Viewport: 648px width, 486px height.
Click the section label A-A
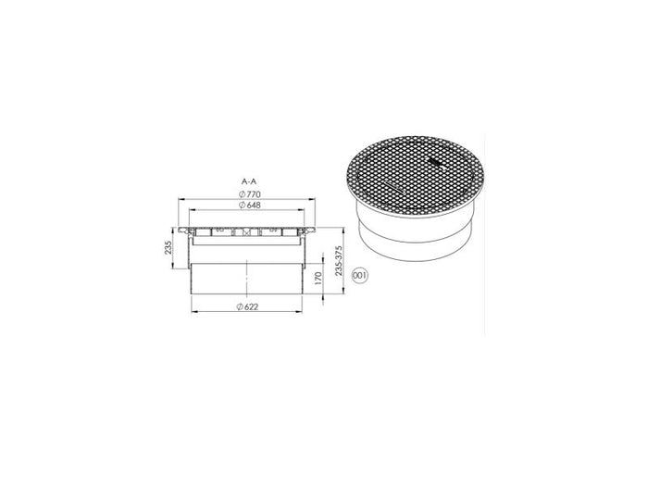[249, 181]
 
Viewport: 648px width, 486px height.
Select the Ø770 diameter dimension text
[250, 194]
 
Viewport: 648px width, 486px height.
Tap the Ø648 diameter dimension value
[250, 205]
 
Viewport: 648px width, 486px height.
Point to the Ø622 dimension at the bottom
[247, 306]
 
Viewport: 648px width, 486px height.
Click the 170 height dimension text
[318, 278]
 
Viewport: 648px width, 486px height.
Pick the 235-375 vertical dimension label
[340, 261]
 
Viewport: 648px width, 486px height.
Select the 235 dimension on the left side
[168, 247]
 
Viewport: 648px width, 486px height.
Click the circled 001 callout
[359, 276]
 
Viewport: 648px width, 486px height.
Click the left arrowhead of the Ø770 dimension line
[181, 199]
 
